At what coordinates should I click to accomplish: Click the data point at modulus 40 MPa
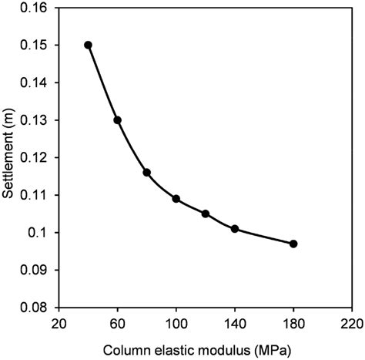point(88,45)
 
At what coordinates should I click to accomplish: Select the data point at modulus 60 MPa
point(117,120)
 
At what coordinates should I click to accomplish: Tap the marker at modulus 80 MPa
point(146,173)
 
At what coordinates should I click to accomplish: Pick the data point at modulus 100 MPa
point(176,199)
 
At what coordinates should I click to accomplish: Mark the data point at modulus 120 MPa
point(206,214)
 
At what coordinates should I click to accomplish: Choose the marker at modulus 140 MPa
point(235,228)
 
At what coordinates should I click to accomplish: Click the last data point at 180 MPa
point(293,244)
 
